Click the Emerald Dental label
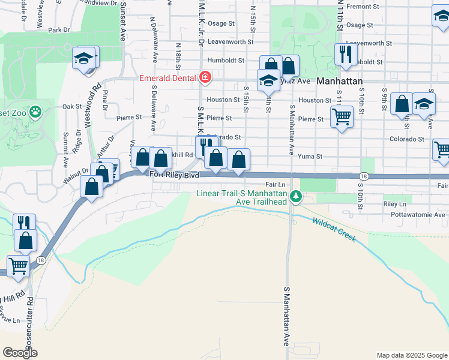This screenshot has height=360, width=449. click(x=169, y=78)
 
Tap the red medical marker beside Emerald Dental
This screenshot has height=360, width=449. click(x=205, y=77)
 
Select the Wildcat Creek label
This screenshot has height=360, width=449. click(x=334, y=229)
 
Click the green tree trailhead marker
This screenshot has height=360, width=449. click(x=295, y=196)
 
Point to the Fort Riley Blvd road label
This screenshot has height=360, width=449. click(x=173, y=175)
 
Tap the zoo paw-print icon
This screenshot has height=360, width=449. click(x=37, y=111)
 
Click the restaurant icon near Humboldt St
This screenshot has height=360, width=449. click(x=345, y=55)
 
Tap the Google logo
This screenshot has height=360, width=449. click(x=20, y=353)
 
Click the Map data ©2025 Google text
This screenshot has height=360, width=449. click(x=412, y=355)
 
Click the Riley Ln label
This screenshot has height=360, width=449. click(x=394, y=204)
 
